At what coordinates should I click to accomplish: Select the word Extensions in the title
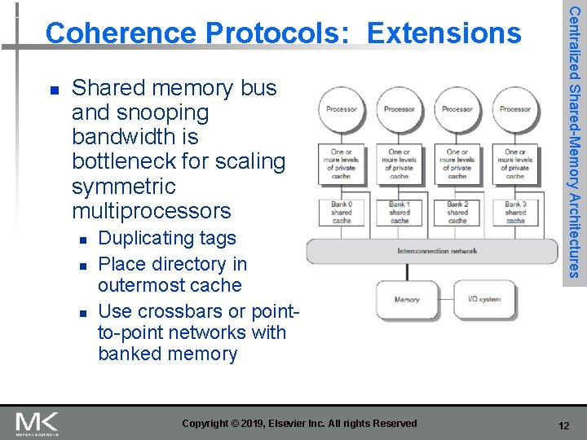(x=444, y=33)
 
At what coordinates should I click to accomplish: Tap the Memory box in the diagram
(x=407, y=300)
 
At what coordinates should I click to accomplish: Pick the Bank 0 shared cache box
(x=342, y=212)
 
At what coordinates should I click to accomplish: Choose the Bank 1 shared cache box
(x=399, y=212)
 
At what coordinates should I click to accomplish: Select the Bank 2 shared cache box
(x=457, y=212)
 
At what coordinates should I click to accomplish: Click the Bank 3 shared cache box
(x=515, y=212)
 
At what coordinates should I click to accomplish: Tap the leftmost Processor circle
(x=342, y=109)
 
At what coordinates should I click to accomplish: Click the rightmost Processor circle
(x=515, y=109)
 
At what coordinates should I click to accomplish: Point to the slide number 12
(x=563, y=425)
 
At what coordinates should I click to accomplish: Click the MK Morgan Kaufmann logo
(x=38, y=424)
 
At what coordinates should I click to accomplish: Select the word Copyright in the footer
(x=206, y=424)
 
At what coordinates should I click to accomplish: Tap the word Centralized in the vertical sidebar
(x=575, y=42)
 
